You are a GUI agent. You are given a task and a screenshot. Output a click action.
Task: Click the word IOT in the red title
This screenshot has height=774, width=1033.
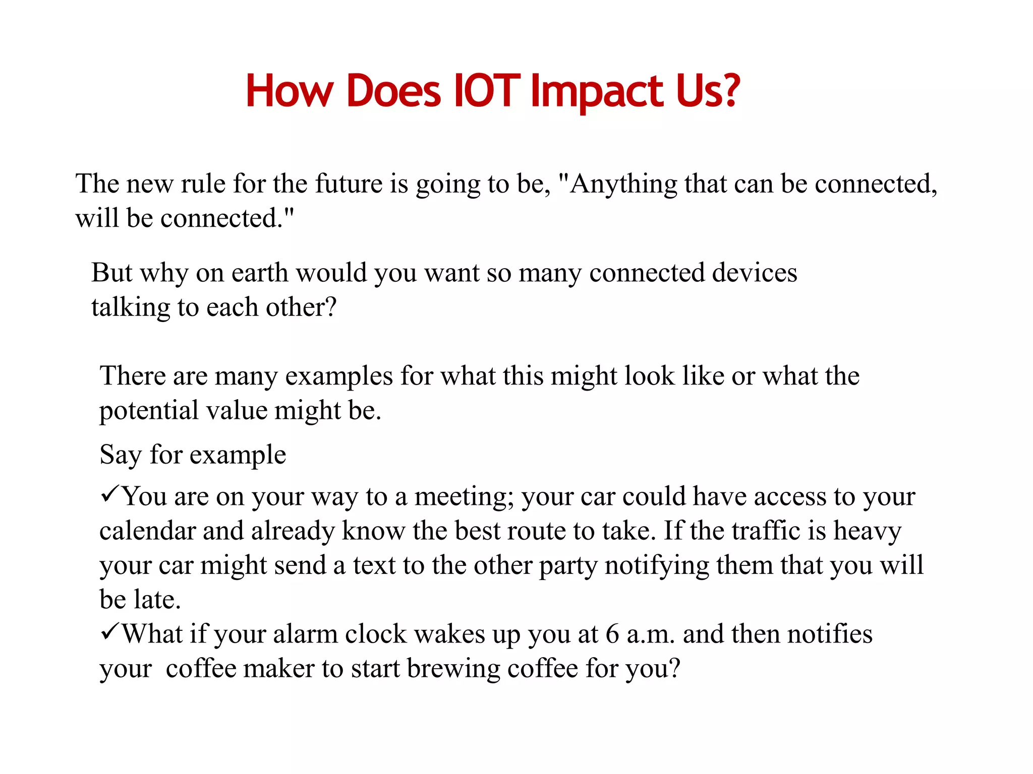(486, 91)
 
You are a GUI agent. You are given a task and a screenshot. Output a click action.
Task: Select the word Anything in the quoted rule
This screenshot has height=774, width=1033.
(623, 184)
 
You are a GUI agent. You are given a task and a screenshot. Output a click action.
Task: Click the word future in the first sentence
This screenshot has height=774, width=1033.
(349, 183)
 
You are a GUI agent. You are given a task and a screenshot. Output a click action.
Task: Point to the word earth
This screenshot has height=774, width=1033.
(259, 273)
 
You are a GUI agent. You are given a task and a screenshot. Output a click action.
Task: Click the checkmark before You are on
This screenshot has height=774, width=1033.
(109, 493)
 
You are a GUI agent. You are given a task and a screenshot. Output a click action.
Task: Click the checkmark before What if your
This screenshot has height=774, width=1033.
(109, 631)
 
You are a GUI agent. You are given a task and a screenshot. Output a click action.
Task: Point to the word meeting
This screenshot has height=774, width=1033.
(464, 497)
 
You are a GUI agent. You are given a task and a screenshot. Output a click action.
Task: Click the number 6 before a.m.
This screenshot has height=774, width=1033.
(612, 634)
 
